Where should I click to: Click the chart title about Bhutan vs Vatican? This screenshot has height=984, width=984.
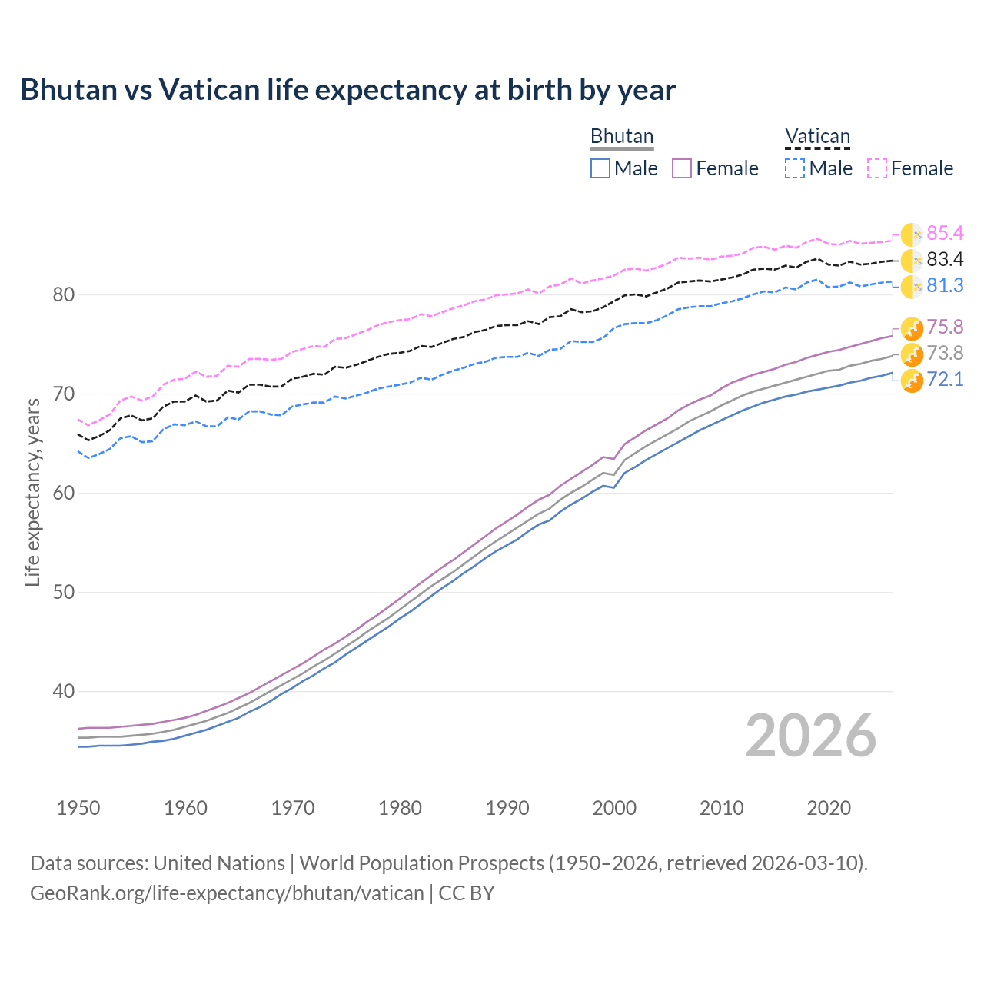click(347, 90)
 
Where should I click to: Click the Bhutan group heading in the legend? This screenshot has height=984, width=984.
click(621, 136)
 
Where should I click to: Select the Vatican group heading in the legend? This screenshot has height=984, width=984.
click(817, 136)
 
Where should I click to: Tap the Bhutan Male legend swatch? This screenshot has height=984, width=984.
click(600, 168)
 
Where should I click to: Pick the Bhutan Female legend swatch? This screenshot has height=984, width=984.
click(682, 168)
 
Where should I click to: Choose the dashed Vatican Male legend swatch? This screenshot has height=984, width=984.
click(795, 168)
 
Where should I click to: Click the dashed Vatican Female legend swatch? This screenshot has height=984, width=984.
click(877, 168)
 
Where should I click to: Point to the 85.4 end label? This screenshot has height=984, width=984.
click(945, 233)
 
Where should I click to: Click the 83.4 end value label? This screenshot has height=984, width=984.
click(945, 259)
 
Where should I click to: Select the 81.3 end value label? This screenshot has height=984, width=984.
click(945, 285)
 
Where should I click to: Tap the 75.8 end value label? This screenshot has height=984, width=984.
click(945, 327)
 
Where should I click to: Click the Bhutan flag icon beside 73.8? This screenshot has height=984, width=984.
click(912, 354)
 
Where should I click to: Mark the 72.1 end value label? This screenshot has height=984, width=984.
click(945, 379)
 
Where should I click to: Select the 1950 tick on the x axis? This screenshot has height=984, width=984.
click(78, 808)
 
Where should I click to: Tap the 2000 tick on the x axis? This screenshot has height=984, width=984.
click(614, 808)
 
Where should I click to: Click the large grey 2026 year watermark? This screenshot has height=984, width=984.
click(810, 736)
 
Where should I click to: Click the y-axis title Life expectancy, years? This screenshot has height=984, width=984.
click(32, 492)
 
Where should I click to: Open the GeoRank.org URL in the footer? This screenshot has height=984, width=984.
click(227, 893)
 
